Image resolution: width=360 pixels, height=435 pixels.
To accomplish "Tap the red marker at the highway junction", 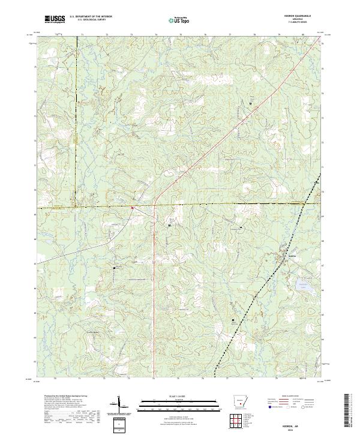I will tap(133, 208).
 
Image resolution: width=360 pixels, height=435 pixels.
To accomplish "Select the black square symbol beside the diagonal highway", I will tap(250, 104).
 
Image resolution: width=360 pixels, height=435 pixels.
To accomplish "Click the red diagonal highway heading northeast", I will tap(204, 150).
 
